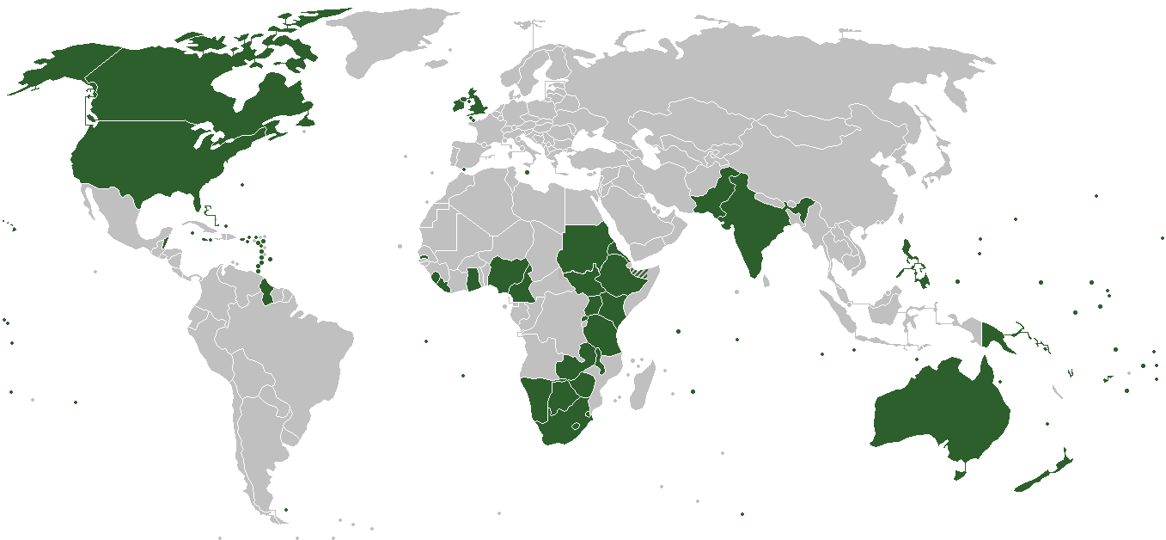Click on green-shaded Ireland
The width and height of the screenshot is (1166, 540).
pyautogui.click(x=455, y=106)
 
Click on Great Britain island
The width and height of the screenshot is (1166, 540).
pyautogui.click(x=475, y=101)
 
